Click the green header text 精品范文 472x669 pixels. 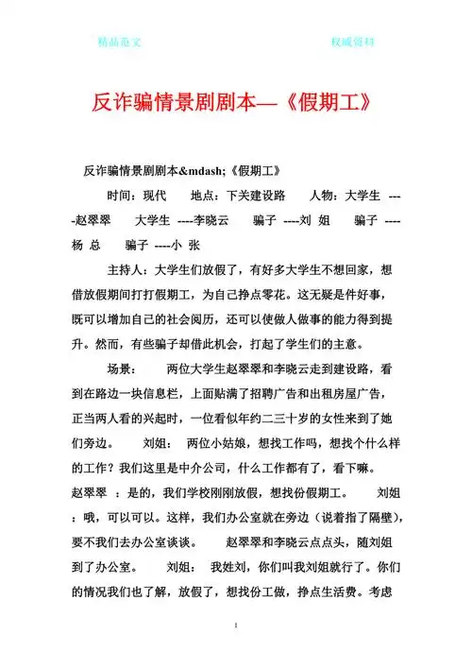pos(119,43)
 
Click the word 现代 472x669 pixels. pos(152,196)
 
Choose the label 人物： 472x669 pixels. pos(324,196)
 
